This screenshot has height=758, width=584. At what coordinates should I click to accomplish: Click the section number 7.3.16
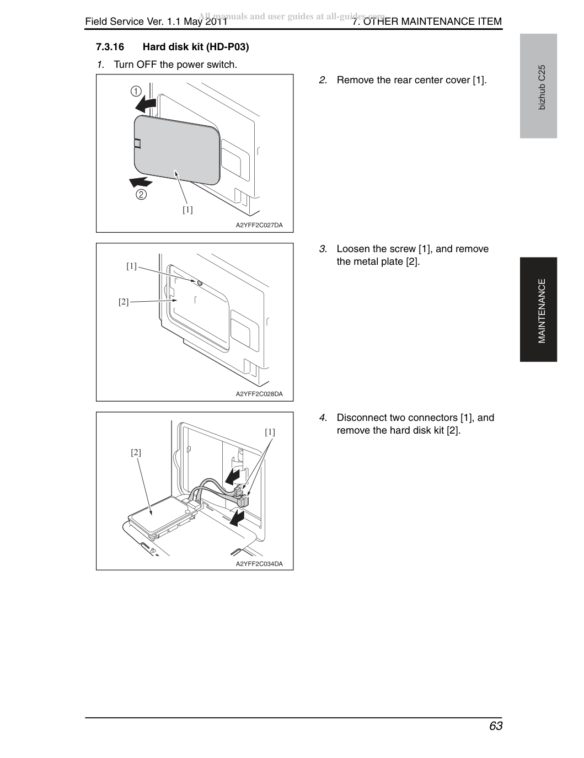tap(110, 47)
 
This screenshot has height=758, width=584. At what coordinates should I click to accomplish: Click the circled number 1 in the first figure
tap(136, 92)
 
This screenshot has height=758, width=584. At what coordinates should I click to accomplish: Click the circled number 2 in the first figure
tap(141, 194)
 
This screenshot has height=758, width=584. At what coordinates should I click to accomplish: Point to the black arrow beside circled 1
tap(146, 104)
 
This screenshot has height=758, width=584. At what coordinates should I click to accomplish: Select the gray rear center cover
tap(177, 150)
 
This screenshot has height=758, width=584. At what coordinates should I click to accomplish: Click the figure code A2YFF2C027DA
tap(259, 225)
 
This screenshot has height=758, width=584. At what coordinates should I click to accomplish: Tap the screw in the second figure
tap(200, 283)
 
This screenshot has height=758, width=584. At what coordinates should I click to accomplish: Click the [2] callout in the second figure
tap(124, 302)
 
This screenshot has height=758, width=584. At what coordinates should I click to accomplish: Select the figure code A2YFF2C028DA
tap(259, 394)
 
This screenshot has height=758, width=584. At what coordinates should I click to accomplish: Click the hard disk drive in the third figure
tap(161, 517)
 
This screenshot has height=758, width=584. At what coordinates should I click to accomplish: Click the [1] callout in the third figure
tap(270, 432)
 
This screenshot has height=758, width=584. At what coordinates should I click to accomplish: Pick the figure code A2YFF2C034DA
tap(259, 564)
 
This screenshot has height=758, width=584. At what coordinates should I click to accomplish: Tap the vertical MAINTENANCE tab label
tap(542, 311)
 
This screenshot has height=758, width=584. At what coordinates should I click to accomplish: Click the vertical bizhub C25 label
tap(542, 87)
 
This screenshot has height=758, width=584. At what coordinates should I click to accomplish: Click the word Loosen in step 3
tap(353, 249)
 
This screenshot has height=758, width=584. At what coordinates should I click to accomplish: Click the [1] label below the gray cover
tap(187, 210)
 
